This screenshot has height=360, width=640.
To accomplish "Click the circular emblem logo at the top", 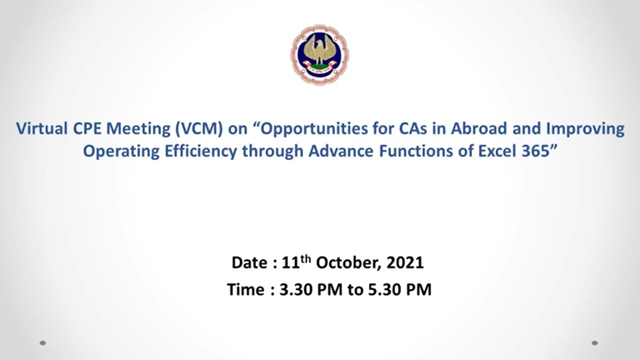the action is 320,55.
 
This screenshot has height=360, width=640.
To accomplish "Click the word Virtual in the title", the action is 42,128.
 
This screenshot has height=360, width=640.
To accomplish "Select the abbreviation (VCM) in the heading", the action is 199,129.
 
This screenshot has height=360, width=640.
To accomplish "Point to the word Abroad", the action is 479,128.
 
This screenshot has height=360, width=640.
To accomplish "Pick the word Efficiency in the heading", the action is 201,152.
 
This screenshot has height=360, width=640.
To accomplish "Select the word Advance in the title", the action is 341,151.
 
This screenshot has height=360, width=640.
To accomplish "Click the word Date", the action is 249,262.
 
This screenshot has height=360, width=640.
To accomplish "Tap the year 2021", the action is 405,262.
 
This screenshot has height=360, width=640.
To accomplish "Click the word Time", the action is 246,289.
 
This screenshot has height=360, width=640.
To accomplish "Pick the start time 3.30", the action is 296,289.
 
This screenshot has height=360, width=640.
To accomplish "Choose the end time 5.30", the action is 384,289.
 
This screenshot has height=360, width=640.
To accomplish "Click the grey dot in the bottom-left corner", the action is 43,343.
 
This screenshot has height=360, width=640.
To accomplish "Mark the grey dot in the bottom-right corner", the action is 595,343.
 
